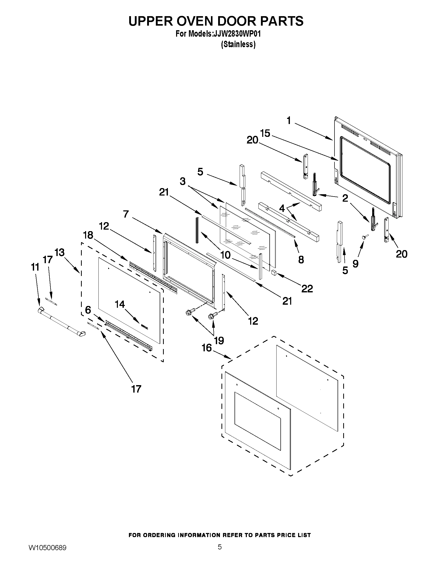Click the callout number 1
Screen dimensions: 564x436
[x=289, y=121]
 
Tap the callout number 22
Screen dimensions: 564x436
[x=307, y=289]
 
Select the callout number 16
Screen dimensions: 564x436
[x=207, y=348]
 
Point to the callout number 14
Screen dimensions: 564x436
[x=120, y=304]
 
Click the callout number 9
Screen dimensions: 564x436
[x=356, y=264]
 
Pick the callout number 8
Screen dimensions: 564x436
[x=301, y=259]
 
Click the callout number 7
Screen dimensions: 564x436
[x=126, y=214]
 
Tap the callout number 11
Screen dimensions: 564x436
[x=35, y=267]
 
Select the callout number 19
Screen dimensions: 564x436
[x=219, y=341]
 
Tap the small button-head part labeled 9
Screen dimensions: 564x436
[x=364, y=237]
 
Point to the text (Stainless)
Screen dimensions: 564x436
[x=238, y=44]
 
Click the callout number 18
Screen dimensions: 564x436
[x=88, y=235]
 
